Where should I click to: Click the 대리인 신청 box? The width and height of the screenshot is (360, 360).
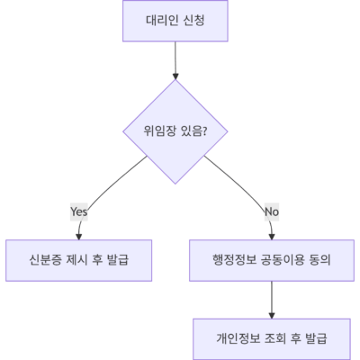coord(175,21)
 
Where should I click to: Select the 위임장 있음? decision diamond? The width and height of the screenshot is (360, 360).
coord(175,131)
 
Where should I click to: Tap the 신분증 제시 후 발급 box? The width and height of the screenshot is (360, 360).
coord(78,260)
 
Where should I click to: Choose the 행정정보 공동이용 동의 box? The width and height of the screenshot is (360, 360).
coord(272,260)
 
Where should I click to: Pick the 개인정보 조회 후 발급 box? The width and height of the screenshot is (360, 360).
coord(272,339)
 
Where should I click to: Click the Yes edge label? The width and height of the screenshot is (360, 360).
coord(79,211)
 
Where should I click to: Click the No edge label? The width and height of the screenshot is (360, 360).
coord(272,211)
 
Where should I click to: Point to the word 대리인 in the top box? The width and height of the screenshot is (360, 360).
coord(162,21)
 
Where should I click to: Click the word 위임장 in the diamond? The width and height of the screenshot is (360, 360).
coord(159,131)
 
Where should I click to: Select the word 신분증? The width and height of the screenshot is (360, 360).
coord(45,260)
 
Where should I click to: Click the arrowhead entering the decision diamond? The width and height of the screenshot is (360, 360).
coord(175,76)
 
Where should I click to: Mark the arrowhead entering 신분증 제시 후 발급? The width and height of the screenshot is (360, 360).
coord(78,237)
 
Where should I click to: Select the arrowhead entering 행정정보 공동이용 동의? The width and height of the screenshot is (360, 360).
coord(272,237)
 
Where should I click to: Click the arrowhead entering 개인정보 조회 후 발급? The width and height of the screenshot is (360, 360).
coord(272,315)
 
